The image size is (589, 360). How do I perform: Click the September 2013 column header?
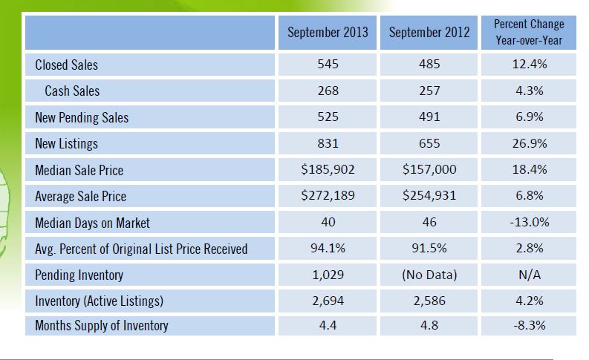point(327,33)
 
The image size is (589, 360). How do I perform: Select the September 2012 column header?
point(429,33)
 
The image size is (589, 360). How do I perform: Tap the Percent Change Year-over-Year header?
point(529,33)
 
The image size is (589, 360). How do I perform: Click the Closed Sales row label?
point(66,65)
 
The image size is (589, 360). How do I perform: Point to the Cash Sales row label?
point(71,91)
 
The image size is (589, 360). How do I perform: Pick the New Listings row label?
point(66,143)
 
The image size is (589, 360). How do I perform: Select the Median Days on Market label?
point(92,223)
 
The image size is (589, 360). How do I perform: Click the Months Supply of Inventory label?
point(102,325)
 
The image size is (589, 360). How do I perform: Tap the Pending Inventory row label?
point(79,275)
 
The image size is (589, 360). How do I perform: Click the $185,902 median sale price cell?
point(327,170)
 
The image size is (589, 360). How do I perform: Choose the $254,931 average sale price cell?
point(429,196)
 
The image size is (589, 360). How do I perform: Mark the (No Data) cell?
point(429,275)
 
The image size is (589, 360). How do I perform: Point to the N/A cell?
point(529,275)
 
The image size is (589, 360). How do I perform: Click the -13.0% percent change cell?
point(529,223)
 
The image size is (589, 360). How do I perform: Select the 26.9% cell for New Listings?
point(529,143)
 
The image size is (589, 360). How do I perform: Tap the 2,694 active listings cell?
point(327,301)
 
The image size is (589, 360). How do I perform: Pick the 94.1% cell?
point(327,249)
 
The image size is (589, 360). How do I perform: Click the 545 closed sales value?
point(327,65)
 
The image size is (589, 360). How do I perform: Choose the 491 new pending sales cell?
point(429,117)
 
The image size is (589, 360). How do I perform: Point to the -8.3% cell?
point(529,325)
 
